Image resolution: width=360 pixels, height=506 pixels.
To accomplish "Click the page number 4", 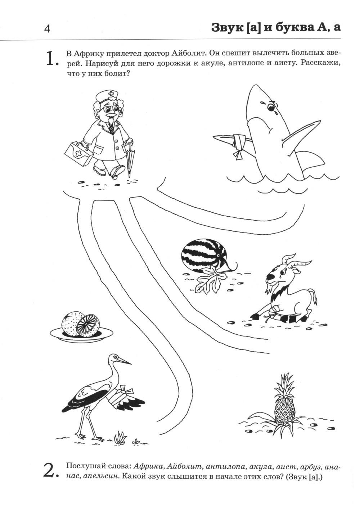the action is point(47,29).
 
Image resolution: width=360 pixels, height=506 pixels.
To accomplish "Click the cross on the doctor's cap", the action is point(111,93).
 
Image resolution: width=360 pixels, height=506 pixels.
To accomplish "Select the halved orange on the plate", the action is point(87,326).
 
